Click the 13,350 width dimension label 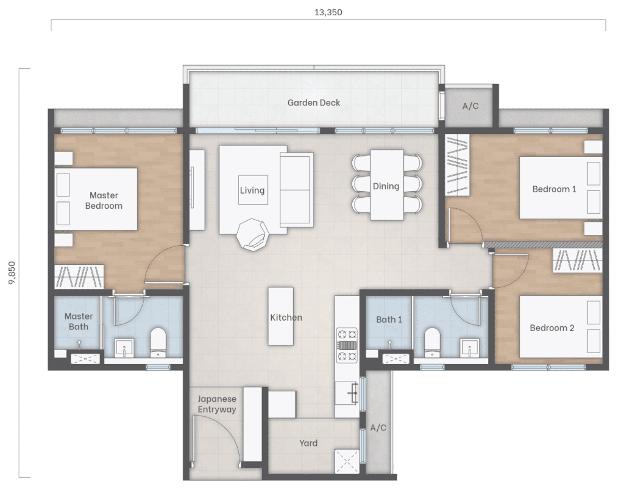(328, 12)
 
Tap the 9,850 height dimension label (12, 273)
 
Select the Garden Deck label (314, 102)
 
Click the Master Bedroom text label (104, 200)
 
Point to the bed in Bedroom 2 (561, 326)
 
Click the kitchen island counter (280, 316)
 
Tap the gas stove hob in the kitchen (347, 344)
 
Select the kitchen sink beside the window (347, 393)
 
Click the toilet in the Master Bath (158, 342)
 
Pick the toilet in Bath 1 (432, 342)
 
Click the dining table (387, 185)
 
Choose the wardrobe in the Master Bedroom (79, 276)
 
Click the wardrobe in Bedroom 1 (457, 165)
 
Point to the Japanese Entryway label (217, 403)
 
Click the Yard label (308, 442)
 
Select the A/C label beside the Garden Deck (470, 106)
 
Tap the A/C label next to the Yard (378, 428)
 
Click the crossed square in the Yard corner (347, 461)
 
